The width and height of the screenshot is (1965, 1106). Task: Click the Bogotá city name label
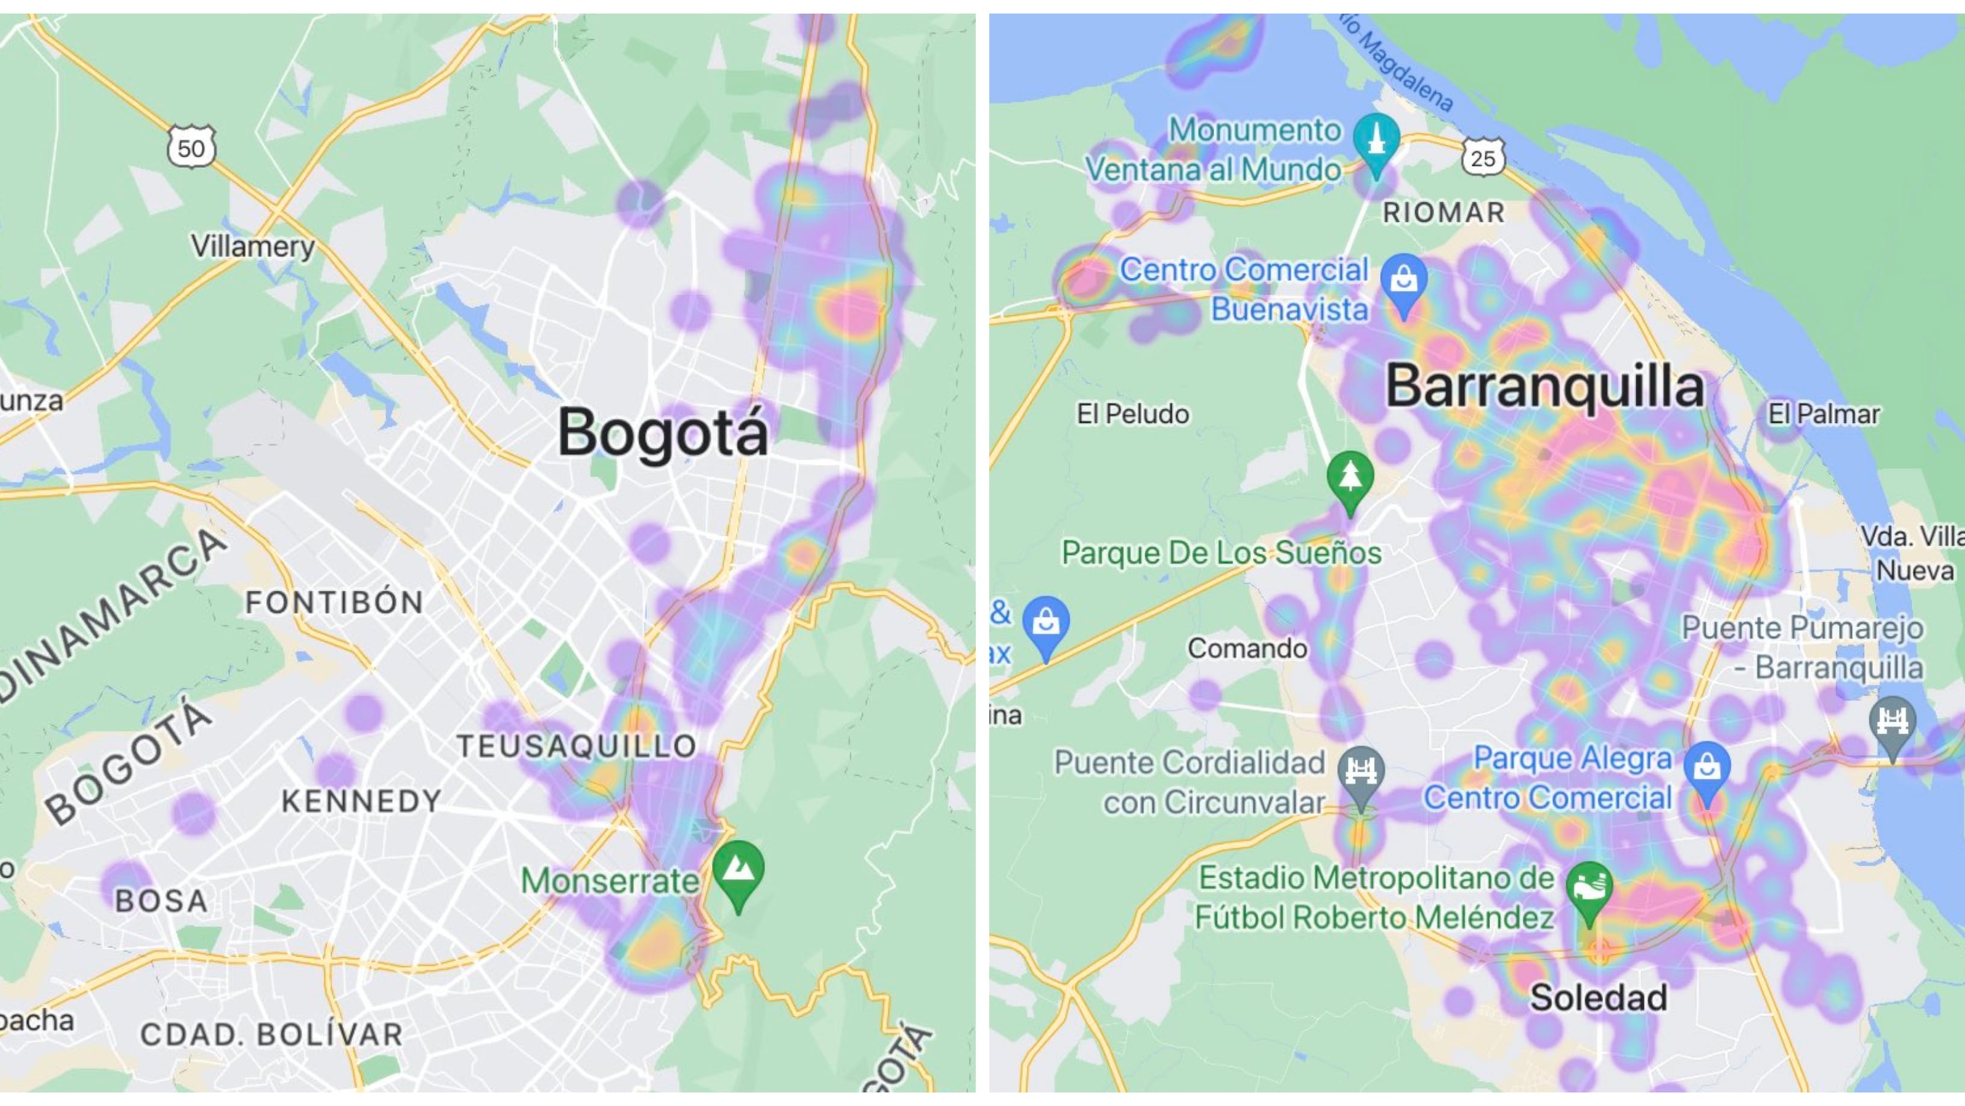(x=662, y=432)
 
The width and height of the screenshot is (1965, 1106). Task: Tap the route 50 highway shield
(x=191, y=148)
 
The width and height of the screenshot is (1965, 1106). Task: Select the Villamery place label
(x=252, y=246)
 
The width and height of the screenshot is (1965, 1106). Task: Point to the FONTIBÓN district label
(x=334, y=602)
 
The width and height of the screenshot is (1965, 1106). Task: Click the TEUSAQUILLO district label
(x=577, y=746)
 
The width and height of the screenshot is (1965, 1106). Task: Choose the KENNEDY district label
(x=362, y=801)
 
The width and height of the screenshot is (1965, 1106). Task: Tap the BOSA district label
(x=161, y=901)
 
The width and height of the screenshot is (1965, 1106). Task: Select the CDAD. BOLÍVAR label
(x=272, y=1034)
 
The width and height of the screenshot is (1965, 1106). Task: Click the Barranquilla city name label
(x=1545, y=386)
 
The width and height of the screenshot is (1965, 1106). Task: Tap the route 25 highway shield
(x=1483, y=158)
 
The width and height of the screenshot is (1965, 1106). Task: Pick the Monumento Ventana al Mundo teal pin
(x=1376, y=141)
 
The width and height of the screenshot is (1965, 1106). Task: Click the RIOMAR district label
(x=1444, y=212)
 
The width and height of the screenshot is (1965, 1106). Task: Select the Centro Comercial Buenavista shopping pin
(x=1403, y=282)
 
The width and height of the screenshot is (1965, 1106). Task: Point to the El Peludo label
(x=1133, y=414)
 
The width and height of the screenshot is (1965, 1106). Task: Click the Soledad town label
(x=1598, y=997)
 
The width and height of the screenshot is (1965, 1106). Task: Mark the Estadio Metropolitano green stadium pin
(x=1589, y=889)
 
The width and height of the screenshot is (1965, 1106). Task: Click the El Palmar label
(x=1823, y=414)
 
